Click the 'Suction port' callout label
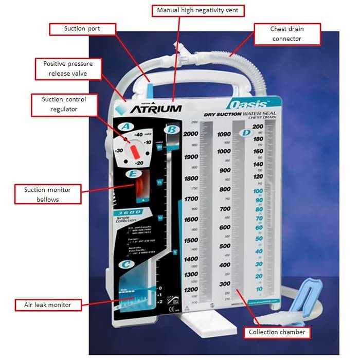[x=82, y=29]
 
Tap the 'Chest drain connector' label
[x=285, y=34]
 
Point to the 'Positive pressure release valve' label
[x=68, y=68]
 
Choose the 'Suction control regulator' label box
[x=63, y=104]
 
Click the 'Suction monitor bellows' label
[x=47, y=195]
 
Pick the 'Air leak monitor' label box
[x=47, y=305]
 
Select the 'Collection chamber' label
[x=277, y=332]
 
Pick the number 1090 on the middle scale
[x=223, y=134]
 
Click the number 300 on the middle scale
[x=225, y=284]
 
